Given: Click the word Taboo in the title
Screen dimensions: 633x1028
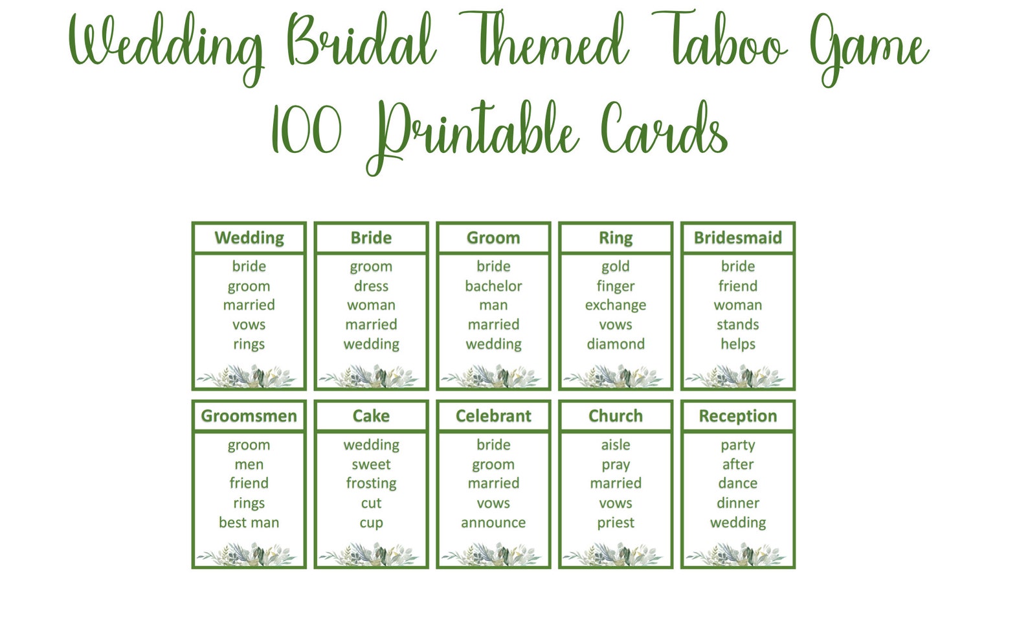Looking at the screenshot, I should [720, 43].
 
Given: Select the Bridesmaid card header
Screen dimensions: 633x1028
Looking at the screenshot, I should [737, 238].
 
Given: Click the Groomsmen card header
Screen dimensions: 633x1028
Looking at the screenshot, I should [249, 416].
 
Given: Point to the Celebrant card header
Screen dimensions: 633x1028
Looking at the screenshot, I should [493, 416].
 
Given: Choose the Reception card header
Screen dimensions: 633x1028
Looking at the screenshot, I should [737, 416].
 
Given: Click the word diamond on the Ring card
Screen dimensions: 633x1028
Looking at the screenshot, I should [616, 344].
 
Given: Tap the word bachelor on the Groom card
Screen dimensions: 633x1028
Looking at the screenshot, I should [493, 286].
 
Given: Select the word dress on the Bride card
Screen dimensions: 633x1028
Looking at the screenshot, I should [371, 286].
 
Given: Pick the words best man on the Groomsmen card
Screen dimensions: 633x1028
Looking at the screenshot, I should [249, 522].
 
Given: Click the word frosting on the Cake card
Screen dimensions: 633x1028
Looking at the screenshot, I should [371, 483].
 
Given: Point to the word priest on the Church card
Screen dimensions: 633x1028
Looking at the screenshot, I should [616, 522].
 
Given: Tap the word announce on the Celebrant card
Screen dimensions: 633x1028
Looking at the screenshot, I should [493, 522].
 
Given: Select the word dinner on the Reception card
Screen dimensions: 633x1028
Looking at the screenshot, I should [737, 503].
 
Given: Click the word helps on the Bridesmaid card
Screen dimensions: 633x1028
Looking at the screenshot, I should [737, 344].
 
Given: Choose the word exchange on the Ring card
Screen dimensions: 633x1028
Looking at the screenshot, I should [616, 305].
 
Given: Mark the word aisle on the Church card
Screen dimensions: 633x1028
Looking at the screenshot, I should [616, 444].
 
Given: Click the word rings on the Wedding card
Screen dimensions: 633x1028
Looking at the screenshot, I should [249, 344].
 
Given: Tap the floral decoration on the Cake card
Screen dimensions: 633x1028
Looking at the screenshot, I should [371, 555].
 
